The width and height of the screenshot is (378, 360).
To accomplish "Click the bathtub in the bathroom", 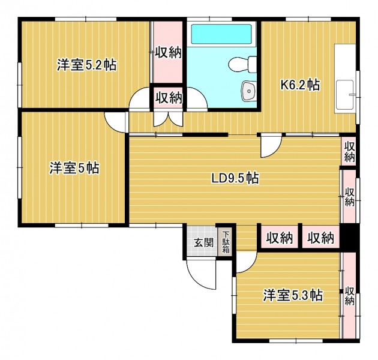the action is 221,34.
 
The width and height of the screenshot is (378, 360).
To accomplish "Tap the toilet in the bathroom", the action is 242,64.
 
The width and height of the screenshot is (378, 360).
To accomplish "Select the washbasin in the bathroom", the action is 249,91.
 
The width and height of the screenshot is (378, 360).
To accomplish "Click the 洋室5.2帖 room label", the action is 87,65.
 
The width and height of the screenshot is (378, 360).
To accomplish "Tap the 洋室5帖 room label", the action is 74,168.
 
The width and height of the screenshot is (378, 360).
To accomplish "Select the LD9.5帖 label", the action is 235,178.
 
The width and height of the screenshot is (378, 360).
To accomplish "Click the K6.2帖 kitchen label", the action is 300,85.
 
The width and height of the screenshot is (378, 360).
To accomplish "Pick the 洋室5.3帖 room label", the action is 293,295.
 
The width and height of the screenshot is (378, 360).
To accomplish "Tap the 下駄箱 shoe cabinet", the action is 226,242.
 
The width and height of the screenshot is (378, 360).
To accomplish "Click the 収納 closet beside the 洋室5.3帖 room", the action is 349,295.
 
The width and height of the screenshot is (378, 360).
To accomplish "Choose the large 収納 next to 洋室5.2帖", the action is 168,52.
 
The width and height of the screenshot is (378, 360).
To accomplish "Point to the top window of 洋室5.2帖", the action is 86,19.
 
